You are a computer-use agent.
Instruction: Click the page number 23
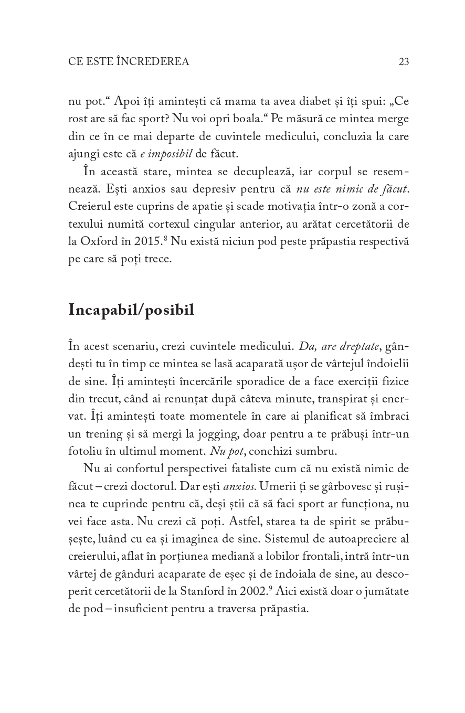tap(404, 62)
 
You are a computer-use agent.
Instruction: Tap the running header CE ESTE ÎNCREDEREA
tap(129, 62)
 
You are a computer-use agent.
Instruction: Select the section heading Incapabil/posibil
tap(131, 310)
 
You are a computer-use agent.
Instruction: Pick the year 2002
tap(254, 591)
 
